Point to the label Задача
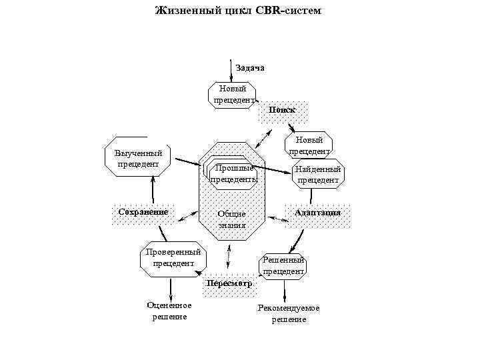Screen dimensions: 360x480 point(250,68)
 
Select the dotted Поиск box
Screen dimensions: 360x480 point(283,110)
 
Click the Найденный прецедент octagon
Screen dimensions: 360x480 point(319,175)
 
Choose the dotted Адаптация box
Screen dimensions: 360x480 point(318,213)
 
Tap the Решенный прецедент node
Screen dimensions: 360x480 point(283,265)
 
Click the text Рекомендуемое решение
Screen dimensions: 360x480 point(289,313)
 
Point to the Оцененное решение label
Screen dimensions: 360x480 point(169,311)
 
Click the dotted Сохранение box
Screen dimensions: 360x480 point(143,213)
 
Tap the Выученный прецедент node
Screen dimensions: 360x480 point(138,159)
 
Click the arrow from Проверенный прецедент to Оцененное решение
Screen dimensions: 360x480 point(171,287)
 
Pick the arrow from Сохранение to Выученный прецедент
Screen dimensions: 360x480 point(153,189)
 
